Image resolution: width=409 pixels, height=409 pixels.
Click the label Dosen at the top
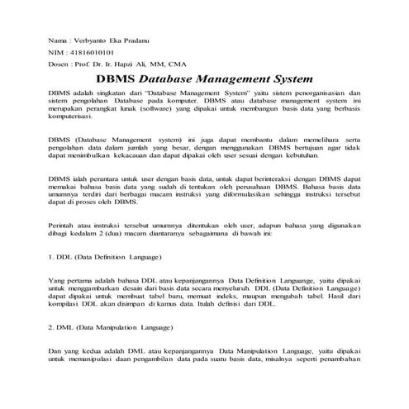pyautogui.click(x=58, y=62)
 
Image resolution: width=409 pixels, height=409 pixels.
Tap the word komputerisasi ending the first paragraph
pyautogui.click(x=75, y=119)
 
